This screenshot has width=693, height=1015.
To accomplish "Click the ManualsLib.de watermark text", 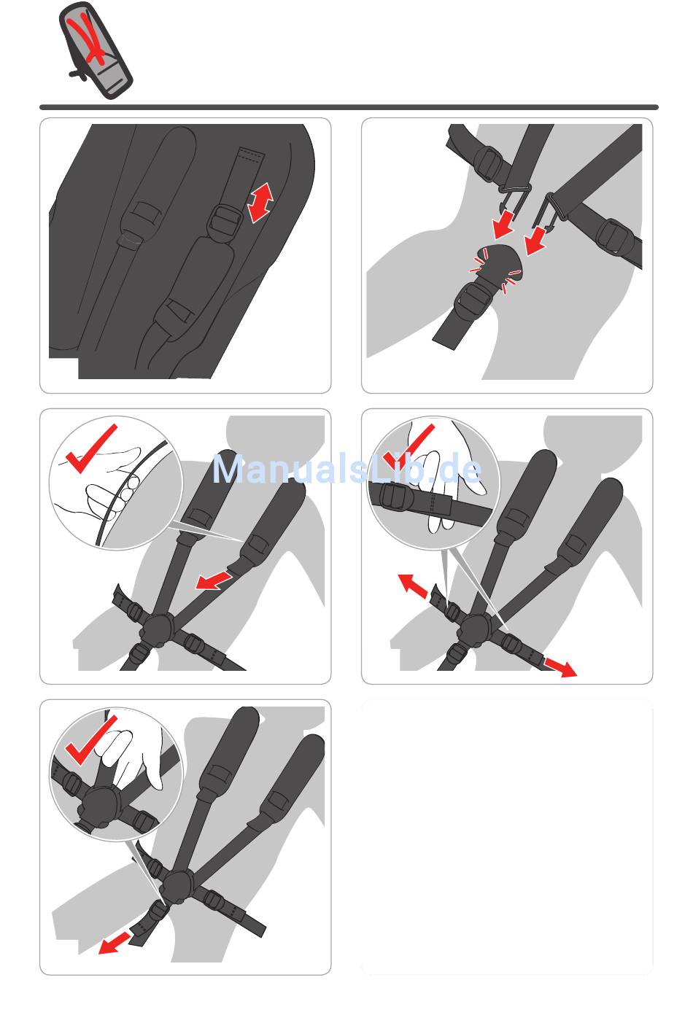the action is coord(346,470).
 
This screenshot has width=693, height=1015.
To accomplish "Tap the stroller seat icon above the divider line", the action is coord(96,50).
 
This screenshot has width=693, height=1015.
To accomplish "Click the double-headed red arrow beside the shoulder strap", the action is coord(260,203).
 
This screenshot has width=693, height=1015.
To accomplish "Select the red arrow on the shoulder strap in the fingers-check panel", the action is coord(214,580).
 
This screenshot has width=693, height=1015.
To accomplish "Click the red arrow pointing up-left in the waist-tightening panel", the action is coord(412,586).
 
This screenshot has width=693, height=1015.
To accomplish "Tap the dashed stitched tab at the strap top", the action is coord(251,155).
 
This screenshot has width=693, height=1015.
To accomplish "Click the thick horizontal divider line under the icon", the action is coord(349,107).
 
